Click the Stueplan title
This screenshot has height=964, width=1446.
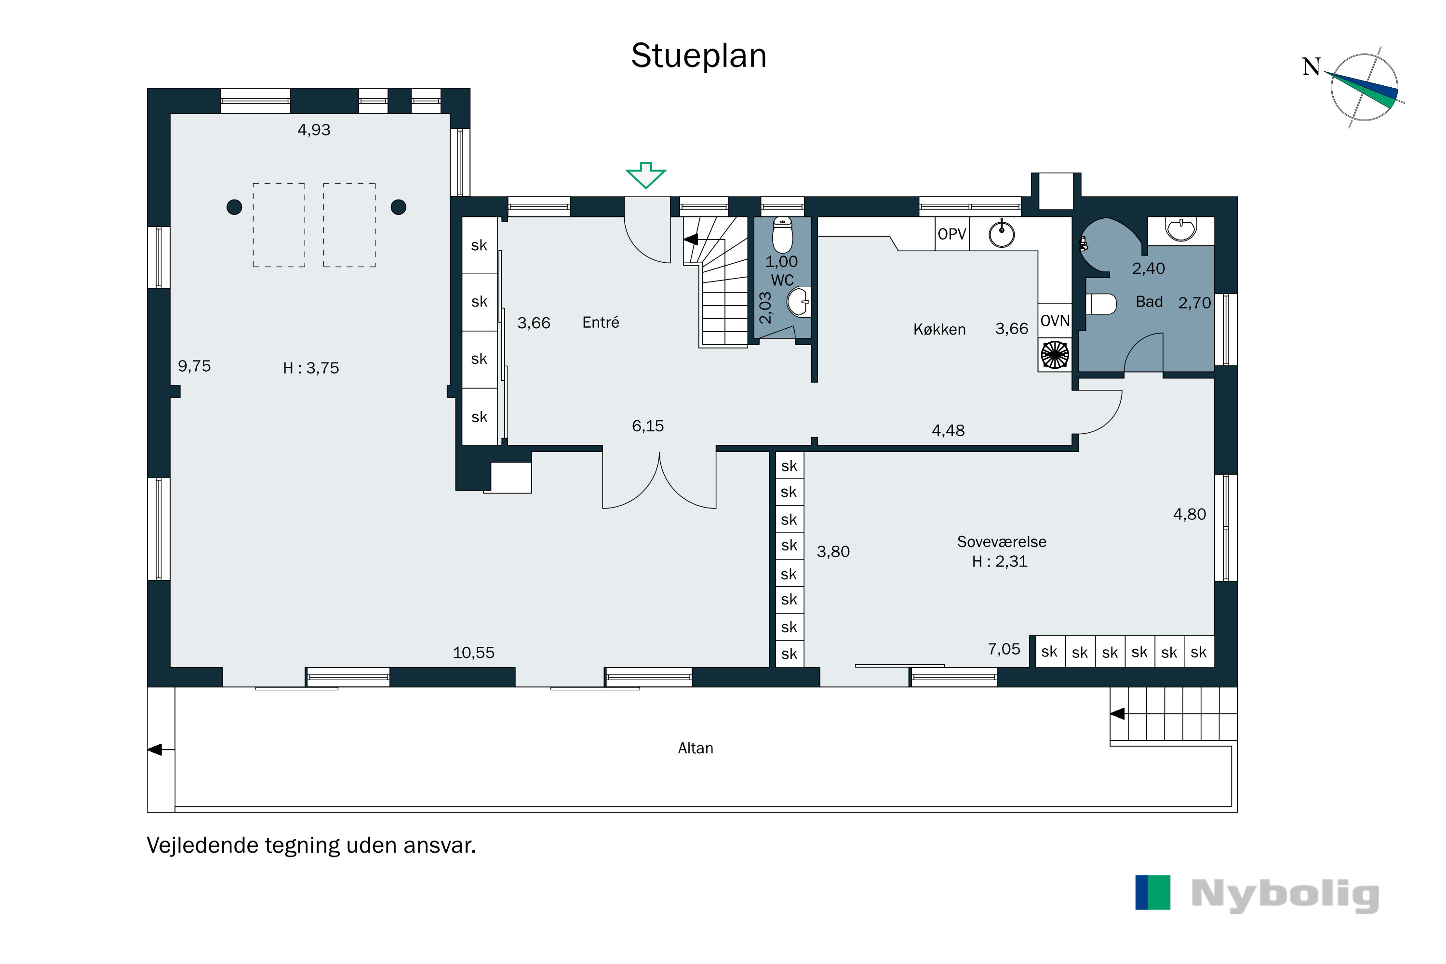pyautogui.click(x=698, y=55)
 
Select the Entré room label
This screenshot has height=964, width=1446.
pyautogui.click(x=601, y=322)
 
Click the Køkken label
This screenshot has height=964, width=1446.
pyautogui.click(x=939, y=330)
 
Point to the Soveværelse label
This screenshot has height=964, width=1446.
pyautogui.click(x=1002, y=542)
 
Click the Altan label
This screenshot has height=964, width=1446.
pyautogui.click(x=696, y=748)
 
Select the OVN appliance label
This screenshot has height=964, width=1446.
pyautogui.click(x=1055, y=321)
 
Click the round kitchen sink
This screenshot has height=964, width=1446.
pyautogui.click(x=1002, y=234)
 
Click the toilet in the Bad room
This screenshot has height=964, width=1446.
pyautogui.click(x=1100, y=304)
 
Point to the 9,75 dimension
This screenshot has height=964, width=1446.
pyautogui.click(x=194, y=366)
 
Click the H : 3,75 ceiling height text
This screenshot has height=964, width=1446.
pyautogui.click(x=311, y=368)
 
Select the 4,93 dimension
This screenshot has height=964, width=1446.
pyautogui.click(x=314, y=130)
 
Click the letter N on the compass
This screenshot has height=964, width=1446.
pyautogui.click(x=1312, y=67)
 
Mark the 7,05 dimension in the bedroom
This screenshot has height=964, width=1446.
pyautogui.click(x=1004, y=649)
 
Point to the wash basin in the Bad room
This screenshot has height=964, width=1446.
pyautogui.click(x=1180, y=229)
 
